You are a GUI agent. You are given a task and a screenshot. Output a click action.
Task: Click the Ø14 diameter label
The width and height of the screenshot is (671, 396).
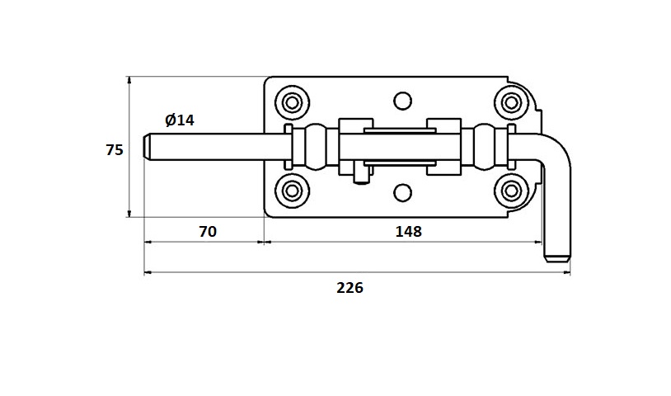179,120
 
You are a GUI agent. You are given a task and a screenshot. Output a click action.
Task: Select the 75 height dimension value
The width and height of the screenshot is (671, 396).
115,149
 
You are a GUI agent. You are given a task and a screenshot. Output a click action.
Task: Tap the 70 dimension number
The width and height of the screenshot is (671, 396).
208,232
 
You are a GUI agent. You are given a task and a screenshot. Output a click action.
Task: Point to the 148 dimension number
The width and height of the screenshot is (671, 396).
407,232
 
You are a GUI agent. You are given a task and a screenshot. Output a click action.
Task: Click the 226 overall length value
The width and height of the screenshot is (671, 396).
350,288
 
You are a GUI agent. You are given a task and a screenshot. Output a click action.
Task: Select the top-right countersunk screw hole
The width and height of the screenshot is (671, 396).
511,102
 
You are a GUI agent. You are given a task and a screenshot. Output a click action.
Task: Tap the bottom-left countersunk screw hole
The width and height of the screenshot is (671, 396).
292,191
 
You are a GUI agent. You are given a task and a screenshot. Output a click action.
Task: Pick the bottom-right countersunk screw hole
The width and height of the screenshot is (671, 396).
511,191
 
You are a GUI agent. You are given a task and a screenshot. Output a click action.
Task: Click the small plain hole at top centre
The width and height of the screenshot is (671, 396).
401,101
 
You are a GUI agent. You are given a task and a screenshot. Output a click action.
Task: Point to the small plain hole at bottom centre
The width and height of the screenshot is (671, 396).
401,193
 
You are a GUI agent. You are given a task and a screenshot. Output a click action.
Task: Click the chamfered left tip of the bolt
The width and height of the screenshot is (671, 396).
149,147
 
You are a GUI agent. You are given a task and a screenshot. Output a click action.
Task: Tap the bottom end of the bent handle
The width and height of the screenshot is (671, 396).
556,257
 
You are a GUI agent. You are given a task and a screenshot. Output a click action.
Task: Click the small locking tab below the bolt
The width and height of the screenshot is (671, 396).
359,175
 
